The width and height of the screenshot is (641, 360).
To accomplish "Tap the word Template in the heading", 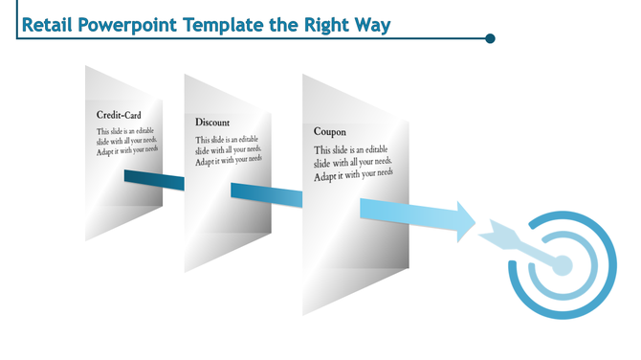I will (223, 24).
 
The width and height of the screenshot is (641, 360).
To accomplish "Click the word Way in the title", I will (373, 24).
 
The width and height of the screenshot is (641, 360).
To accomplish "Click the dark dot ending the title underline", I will (490, 39).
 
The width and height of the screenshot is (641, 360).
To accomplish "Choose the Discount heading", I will (211, 123).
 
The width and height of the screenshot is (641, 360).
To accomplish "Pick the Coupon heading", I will (329, 131).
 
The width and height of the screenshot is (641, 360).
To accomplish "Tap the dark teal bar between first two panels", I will (154, 179).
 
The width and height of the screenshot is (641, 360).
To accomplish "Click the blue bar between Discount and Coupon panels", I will (267, 194).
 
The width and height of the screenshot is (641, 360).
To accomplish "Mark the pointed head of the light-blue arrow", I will (466, 219).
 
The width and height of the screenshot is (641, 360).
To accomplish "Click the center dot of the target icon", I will (563, 263).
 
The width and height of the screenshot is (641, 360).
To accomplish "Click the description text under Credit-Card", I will (126, 140).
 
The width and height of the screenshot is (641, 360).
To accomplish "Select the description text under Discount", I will (228, 150).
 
